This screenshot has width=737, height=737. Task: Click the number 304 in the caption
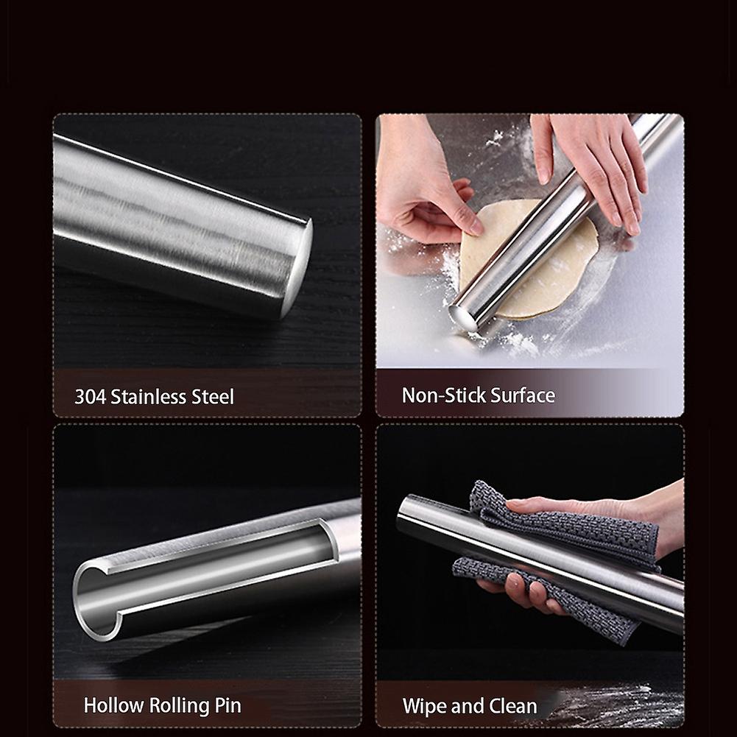pos(91,397)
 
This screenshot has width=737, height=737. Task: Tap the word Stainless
pos(149,397)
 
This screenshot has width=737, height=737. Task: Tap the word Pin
pos(228,705)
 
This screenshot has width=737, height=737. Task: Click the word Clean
pos(512,706)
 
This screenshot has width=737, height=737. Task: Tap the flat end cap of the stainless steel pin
pos(297,268)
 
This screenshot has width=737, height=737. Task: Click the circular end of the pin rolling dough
pos(463,318)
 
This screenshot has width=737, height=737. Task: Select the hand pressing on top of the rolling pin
pos(595,169)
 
